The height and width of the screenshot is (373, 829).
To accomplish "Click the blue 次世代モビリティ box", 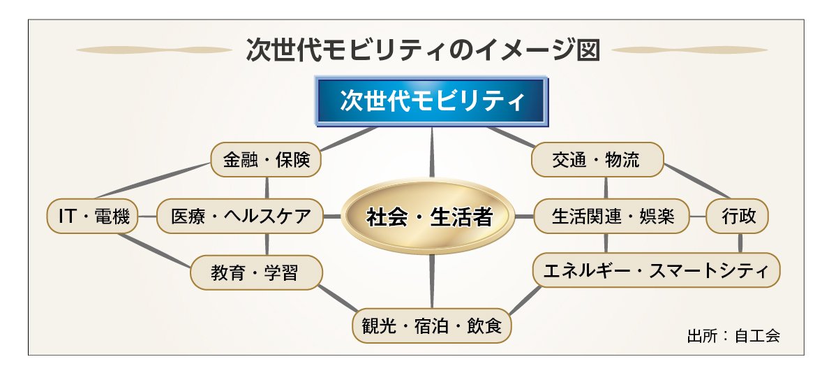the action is (x=431, y=101).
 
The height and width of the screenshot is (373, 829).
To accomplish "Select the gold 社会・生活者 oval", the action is (x=428, y=217).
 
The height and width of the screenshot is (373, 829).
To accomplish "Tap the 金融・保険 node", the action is (x=266, y=159).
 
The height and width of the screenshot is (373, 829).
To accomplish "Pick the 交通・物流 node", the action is (x=597, y=159).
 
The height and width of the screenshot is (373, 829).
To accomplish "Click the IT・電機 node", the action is (x=93, y=216).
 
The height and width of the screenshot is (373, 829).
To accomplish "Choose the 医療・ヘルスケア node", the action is (x=240, y=216).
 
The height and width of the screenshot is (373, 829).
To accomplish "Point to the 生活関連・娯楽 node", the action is (x=612, y=216).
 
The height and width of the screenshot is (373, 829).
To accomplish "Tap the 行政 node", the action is (x=738, y=216).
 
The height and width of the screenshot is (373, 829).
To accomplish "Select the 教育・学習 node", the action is (x=256, y=272).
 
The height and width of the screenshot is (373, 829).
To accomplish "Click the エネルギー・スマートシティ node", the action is (x=656, y=270).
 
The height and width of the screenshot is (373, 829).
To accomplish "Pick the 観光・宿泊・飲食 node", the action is (x=432, y=326).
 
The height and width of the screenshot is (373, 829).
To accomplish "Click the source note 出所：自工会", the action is (x=733, y=336).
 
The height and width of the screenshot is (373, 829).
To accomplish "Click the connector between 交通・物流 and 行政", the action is (x=697, y=181).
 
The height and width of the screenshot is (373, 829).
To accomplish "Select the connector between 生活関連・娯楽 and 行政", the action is (x=698, y=217).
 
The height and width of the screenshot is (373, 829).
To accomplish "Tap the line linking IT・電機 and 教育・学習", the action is (x=154, y=250).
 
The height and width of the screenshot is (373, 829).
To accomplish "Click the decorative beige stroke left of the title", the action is (x=154, y=50).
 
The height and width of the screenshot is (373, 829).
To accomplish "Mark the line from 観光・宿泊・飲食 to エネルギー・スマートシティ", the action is (x=525, y=300).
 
